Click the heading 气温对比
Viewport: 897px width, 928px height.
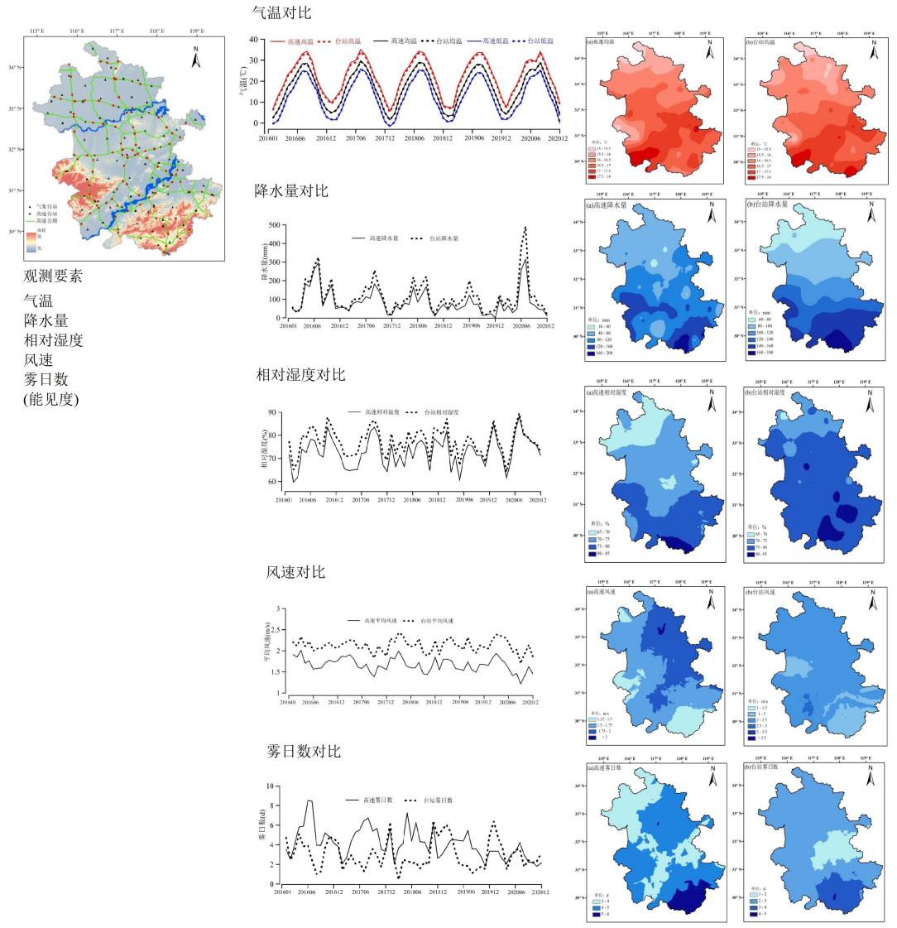point(282,13)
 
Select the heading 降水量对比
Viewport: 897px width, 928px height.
point(291,191)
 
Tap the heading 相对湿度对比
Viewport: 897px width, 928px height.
point(300,375)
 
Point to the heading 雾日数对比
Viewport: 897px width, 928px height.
point(303,752)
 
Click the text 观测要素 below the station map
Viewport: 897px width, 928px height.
point(53,276)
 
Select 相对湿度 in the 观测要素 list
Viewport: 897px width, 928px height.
point(53,340)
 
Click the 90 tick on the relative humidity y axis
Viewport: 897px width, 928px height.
point(273,412)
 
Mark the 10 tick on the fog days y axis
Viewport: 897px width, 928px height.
point(268,786)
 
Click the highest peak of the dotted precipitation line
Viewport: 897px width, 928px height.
point(525,228)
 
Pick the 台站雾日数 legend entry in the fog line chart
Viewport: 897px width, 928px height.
point(437,801)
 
